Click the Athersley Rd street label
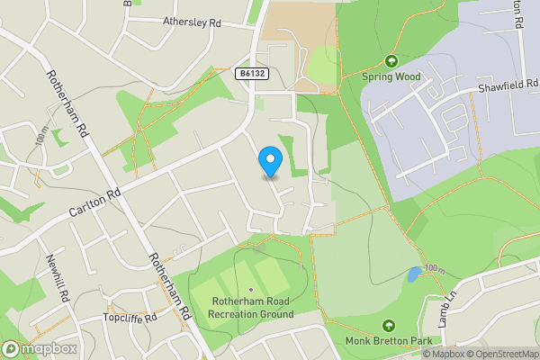193,20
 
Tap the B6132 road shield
255,73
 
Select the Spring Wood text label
391,77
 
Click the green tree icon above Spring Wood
391,61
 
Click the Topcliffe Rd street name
130,318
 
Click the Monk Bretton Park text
389,341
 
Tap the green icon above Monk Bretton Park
389,325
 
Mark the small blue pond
412,274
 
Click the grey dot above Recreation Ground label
251,290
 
